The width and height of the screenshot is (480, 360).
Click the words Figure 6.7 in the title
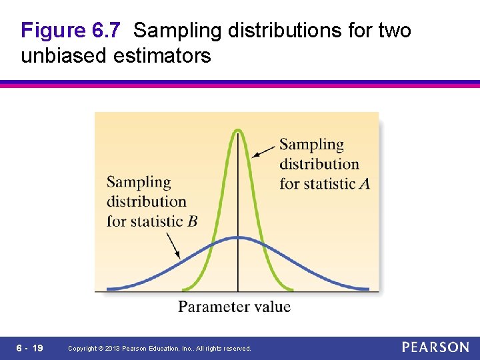[70, 31]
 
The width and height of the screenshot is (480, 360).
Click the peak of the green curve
[238, 129]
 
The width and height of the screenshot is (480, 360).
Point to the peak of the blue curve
[238, 237]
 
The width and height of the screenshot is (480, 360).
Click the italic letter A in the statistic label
[364, 183]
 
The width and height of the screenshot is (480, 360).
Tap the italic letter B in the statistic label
[192, 221]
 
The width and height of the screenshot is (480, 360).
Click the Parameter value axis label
[234, 307]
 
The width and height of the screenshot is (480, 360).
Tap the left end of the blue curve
[109, 289]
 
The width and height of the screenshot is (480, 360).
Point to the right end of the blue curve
[367, 289]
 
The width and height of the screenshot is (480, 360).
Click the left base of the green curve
[184, 289]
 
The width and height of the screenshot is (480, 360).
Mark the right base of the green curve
[292, 289]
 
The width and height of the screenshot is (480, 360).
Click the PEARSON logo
[435, 347]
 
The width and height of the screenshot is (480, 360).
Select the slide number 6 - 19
[30, 348]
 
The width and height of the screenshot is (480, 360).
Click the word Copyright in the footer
[83, 349]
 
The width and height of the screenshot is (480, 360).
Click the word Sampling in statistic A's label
[311, 145]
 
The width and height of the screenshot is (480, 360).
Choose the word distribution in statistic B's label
[146, 201]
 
